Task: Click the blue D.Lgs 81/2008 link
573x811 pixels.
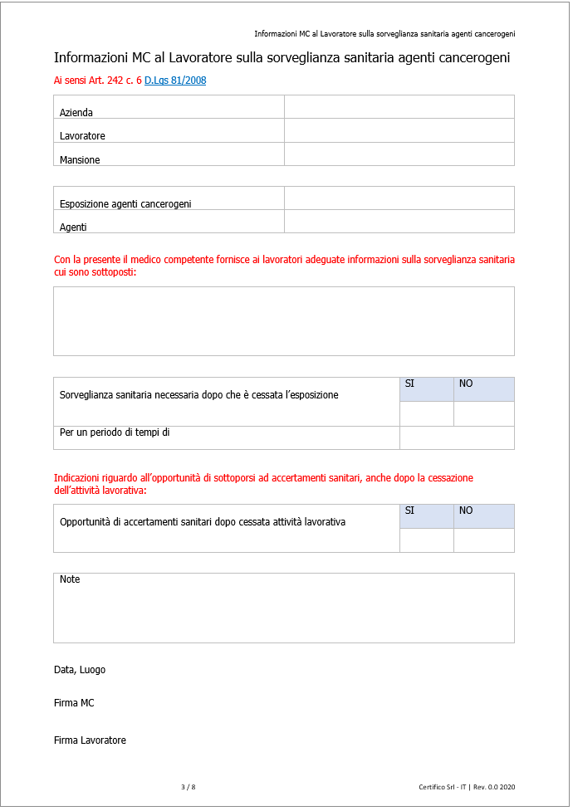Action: pos(175,81)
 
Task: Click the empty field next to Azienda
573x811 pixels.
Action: pos(399,107)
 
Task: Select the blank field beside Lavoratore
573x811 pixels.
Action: pos(399,130)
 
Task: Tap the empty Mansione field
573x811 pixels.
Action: pos(399,154)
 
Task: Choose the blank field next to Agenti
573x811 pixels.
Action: pos(399,222)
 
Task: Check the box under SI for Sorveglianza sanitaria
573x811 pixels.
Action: pos(427,413)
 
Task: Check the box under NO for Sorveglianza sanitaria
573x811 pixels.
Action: pos(483,413)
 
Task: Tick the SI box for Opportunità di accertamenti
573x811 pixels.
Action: pos(427,540)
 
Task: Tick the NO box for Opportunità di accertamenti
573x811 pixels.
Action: pos(483,540)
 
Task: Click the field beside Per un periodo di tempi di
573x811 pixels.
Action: pos(457,437)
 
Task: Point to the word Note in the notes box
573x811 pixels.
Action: pos(70,579)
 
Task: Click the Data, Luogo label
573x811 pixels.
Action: pos(80,670)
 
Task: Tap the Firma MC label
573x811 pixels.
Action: pos(74,703)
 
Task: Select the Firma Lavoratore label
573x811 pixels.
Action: pos(90,740)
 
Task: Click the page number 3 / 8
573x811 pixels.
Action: pos(188,787)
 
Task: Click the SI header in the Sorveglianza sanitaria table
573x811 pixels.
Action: pos(410,384)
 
